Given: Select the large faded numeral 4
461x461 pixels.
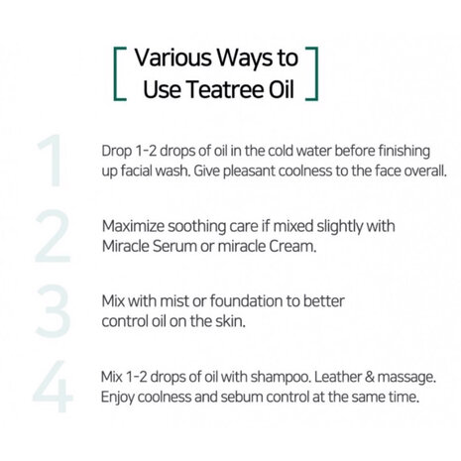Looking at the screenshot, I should coord(52,389).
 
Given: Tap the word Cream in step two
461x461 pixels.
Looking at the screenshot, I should coord(291,246).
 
